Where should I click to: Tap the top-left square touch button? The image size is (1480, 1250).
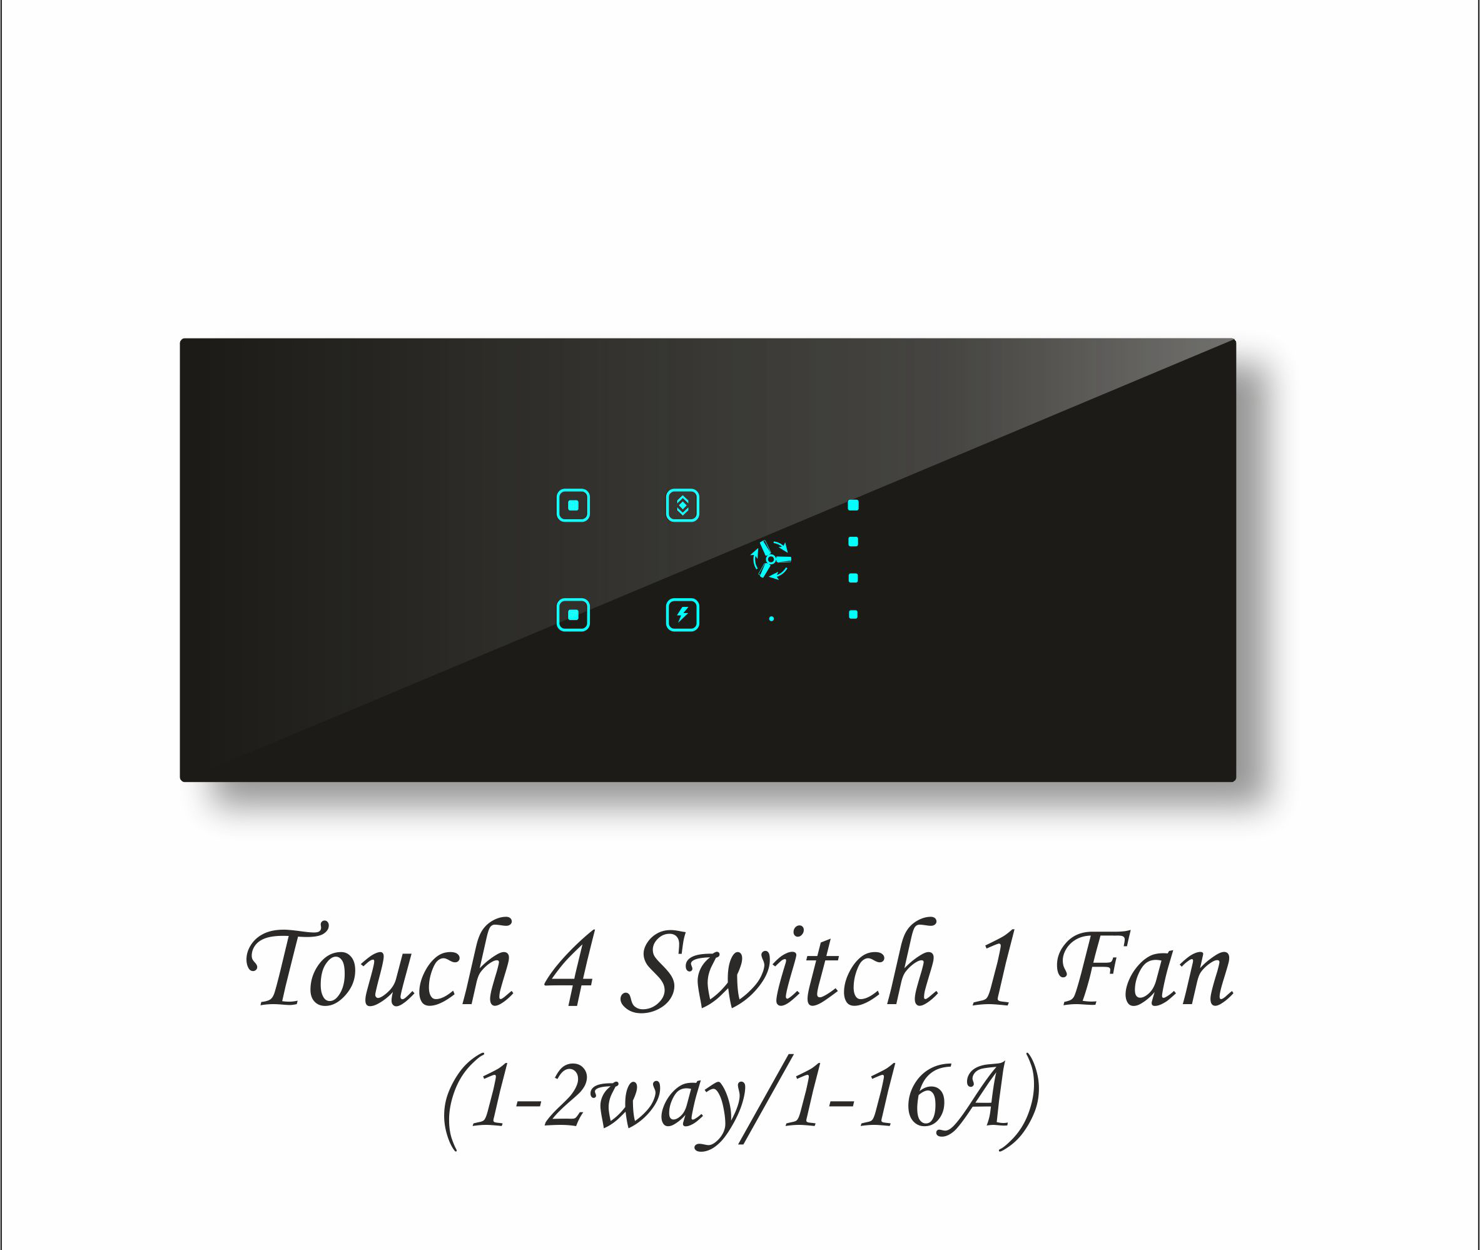(573, 506)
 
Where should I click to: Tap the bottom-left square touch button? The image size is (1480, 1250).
(573, 614)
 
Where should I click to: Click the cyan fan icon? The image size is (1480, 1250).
(771, 559)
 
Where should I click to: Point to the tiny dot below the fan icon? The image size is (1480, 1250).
(771, 619)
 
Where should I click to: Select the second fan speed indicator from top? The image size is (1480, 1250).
(853, 541)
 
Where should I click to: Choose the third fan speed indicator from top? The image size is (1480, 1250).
(853, 578)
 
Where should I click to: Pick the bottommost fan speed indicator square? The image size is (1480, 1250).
(853, 614)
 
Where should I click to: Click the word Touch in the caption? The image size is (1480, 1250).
(379, 967)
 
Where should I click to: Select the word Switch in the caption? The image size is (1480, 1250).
(779, 967)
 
